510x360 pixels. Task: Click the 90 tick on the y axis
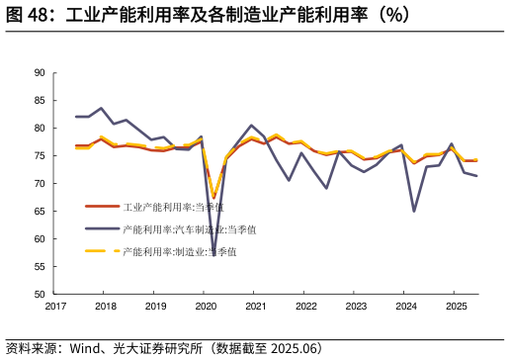point(39,72)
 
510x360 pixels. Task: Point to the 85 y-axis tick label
point(39,100)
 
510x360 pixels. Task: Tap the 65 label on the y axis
point(39,211)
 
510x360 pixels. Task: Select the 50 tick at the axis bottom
point(39,295)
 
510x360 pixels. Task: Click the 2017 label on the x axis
point(55,307)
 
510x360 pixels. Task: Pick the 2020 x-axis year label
point(206,307)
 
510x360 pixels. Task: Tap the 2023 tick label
point(356,307)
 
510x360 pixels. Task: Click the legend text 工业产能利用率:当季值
point(173,207)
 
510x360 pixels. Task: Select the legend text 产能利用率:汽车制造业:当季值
point(189,228)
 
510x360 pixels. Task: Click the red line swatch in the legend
point(102,207)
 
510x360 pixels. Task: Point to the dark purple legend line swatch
point(102,228)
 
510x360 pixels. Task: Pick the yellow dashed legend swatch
point(102,251)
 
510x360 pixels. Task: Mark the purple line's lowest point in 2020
point(213,254)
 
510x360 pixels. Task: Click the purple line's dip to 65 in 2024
point(414,211)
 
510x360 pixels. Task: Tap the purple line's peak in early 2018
point(102,109)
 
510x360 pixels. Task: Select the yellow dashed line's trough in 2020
point(213,196)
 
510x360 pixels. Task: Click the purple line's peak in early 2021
point(252,126)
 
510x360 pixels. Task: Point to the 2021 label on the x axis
point(255,307)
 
